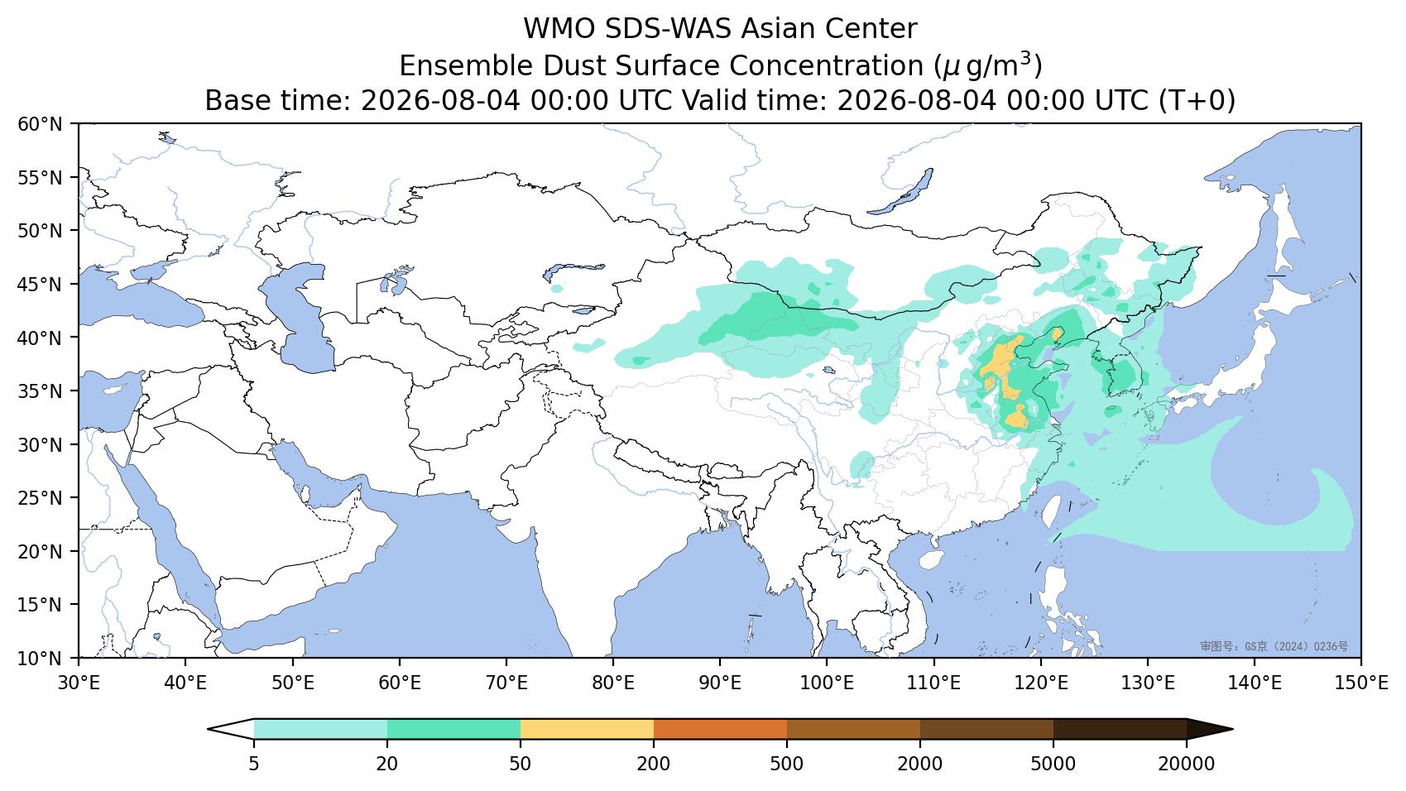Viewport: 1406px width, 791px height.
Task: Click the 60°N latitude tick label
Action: coord(41,124)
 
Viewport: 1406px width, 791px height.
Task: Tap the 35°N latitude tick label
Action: coord(41,391)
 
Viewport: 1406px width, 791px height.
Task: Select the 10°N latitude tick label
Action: coord(41,659)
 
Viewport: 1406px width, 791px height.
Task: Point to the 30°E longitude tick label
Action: coord(79,683)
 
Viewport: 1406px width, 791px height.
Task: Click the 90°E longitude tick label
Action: coord(720,683)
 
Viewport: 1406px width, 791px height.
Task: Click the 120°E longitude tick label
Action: coord(1041,683)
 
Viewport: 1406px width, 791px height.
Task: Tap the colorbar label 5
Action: coord(253,764)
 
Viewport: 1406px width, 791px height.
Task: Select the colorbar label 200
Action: coord(654,764)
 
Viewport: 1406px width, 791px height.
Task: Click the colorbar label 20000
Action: coord(1187,764)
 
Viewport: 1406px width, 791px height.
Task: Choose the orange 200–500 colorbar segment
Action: coord(720,729)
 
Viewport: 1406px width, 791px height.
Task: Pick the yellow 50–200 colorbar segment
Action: coord(587,729)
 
